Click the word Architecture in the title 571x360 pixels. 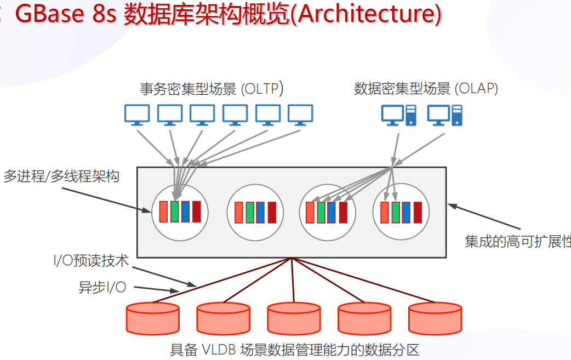pyautogui.click(x=367, y=15)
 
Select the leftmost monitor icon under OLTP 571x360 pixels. pyautogui.click(x=136, y=115)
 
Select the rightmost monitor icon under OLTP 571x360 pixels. pyautogui.click(x=300, y=115)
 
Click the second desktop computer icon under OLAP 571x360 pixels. pyautogui.click(x=445, y=115)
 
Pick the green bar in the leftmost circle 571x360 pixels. pyautogui.click(x=175, y=212)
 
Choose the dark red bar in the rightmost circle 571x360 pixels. pyautogui.click(x=418, y=212)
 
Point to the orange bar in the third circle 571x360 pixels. pyautogui.click(x=310, y=212)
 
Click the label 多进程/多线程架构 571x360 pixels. pyautogui.click(x=61, y=176)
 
